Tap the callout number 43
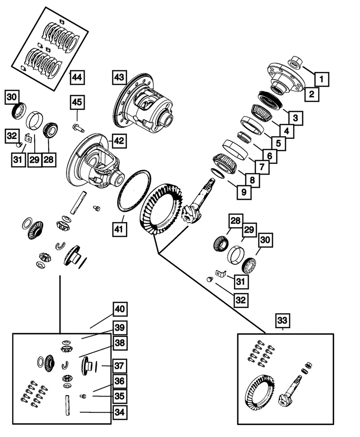(120, 78)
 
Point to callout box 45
(77, 103)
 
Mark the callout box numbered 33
(282, 321)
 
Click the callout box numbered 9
(244, 193)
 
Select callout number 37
(119, 366)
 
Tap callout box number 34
(119, 412)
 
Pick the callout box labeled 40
(119, 310)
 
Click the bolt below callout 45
(78, 127)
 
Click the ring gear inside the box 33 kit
(259, 391)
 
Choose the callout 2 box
(312, 95)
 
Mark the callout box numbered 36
(119, 381)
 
